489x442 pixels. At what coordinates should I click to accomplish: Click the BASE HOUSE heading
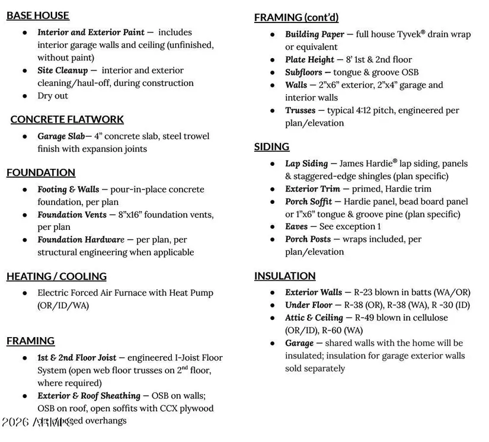pyautogui.click(x=38, y=15)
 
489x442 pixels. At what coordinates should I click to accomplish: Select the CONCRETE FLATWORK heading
pyautogui.click(x=67, y=119)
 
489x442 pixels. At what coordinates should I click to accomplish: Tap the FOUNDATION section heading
pyautogui.click(x=41, y=172)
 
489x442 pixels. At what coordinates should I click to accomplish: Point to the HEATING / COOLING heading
pyautogui.click(x=56, y=276)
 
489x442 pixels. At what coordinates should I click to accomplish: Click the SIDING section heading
pyautogui.click(x=271, y=146)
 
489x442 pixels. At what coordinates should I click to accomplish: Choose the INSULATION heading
pyautogui.click(x=285, y=276)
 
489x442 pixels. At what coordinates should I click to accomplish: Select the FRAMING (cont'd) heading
pyautogui.click(x=296, y=17)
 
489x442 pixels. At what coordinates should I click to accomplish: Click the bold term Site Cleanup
pyautogui.click(x=62, y=71)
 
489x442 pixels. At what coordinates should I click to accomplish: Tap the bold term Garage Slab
pyautogui.click(x=61, y=136)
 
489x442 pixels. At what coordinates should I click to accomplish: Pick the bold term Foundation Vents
pyautogui.click(x=72, y=214)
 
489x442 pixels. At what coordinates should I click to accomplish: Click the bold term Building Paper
pyautogui.click(x=314, y=34)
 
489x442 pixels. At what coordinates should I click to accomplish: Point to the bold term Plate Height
pyautogui.click(x=309, y=60)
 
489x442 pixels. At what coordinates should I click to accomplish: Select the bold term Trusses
pyautogui.click(x=300, y=111)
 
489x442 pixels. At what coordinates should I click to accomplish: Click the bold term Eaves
pyautogui.click(x=296, y=227)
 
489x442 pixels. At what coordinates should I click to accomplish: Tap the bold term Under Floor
pyautogui.click(x=309, y=305)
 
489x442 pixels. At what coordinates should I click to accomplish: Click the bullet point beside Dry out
pyautogui.click(x=25, y=96)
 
